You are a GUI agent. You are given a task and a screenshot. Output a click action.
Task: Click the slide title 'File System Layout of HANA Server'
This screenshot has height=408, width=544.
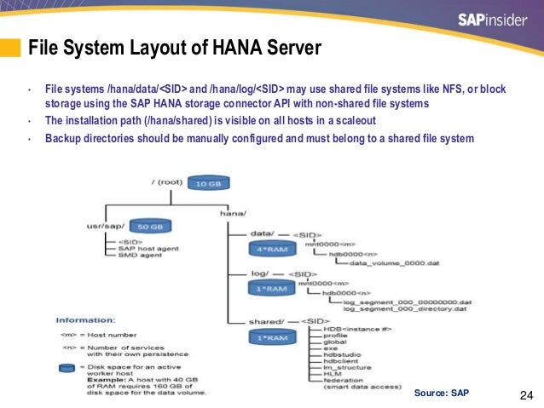pos(175,48)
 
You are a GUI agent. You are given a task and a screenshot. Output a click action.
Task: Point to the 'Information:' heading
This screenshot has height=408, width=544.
pos(84,320)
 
